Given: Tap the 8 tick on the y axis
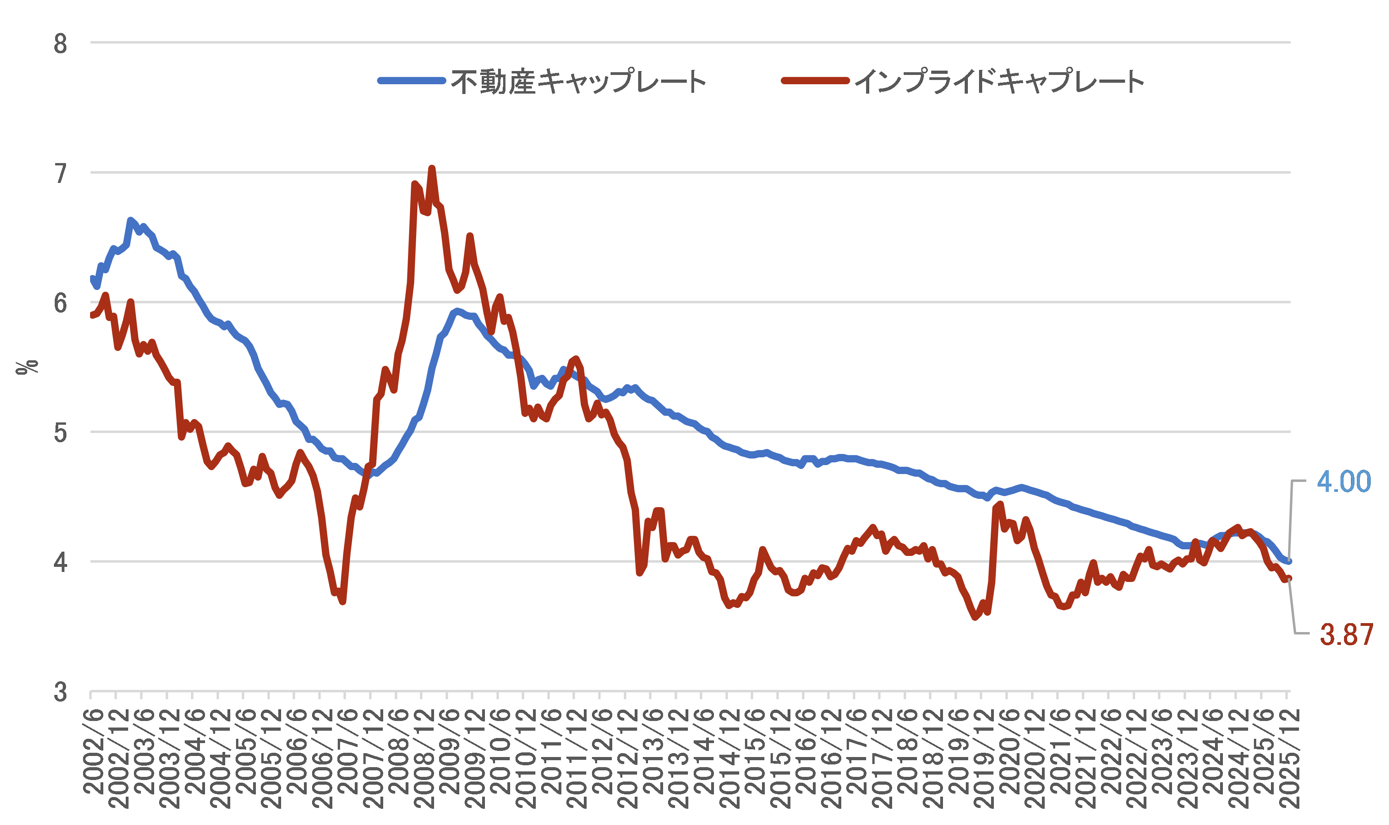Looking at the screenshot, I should pos(60,43).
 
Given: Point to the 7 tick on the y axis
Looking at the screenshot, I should pos(60,174).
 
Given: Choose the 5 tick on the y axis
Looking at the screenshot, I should pos(60,432).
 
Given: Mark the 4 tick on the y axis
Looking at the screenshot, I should pos(60,562).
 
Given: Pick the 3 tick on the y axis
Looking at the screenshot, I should pos(60,692).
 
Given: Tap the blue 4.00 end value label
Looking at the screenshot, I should pos(1344,481).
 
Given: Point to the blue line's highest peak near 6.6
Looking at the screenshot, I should pos(130,220).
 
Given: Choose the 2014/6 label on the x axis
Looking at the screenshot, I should pos(705,750).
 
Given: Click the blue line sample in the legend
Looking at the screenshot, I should pos(411,81).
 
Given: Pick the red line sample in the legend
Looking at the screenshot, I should pos(815,81).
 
